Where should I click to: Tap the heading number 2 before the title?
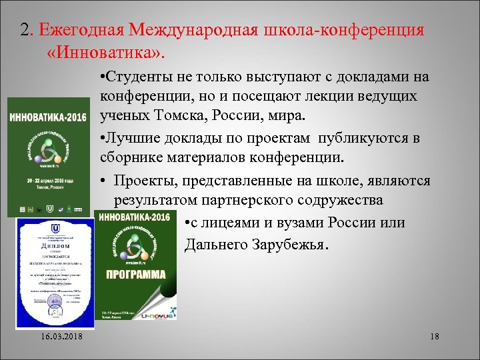coord(25,30)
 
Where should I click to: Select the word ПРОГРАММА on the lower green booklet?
coord(135,274)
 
